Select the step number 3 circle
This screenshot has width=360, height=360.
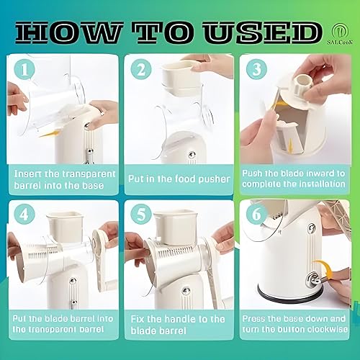coord(256,71)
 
